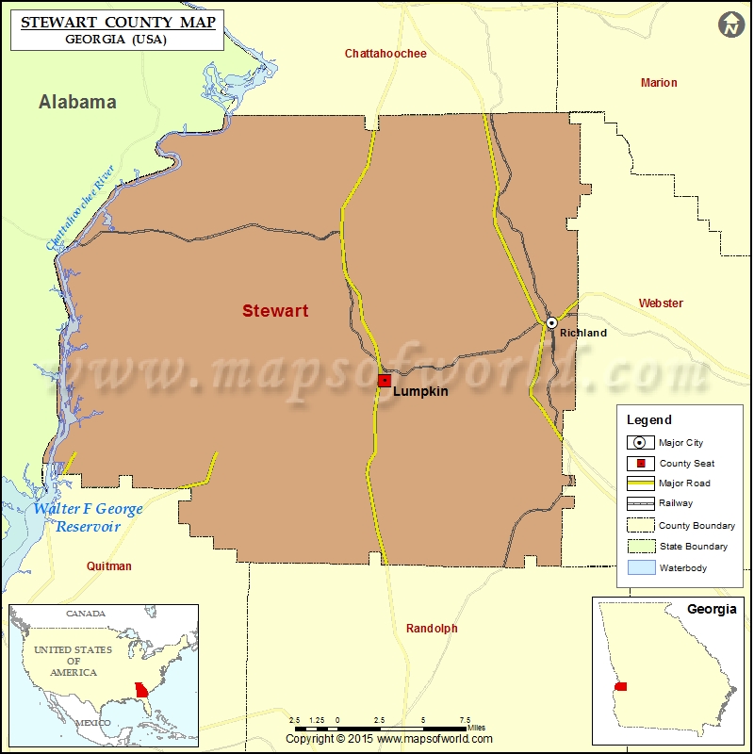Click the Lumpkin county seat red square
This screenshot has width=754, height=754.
[x=385, y=381]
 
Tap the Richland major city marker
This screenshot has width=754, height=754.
[x=552, y=322]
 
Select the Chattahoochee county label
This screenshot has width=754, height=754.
[x=385, y=54]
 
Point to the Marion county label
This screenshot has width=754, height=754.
[x=659, y=83]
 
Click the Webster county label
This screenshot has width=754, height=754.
[x=661, y=303]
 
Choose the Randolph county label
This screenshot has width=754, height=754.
[x=432, y=629]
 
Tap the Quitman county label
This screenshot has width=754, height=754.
[x=108, y=566]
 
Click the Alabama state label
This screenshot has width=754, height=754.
[x=77, y=102]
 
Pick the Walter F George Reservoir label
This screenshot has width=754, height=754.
[x=88, y=517]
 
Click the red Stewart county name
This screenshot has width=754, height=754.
[x=275, y=311]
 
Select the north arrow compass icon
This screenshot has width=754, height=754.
[x=730, y=25]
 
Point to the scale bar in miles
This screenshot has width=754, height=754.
[x=382, y=729]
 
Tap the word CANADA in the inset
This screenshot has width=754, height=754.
[x=86, y=614]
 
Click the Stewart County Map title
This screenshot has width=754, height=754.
[x=113, y=21]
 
